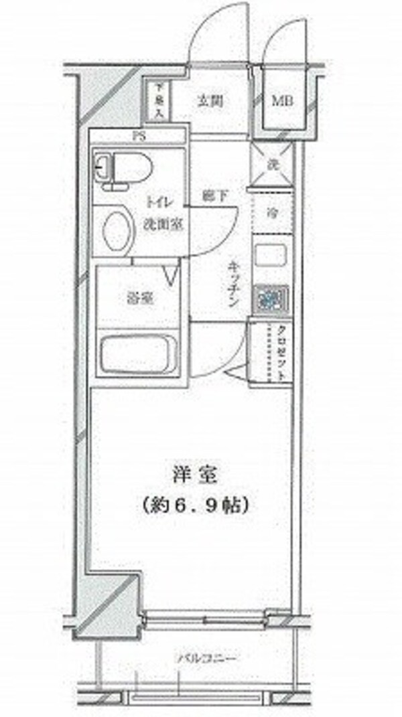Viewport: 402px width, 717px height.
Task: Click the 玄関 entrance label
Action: click(x=210, y=102)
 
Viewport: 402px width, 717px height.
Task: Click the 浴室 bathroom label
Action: click(x=139, y=298)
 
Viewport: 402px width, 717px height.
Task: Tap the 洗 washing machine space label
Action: click(x=273, y=163)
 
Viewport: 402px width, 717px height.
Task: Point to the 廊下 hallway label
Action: click(x=212, y=197)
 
